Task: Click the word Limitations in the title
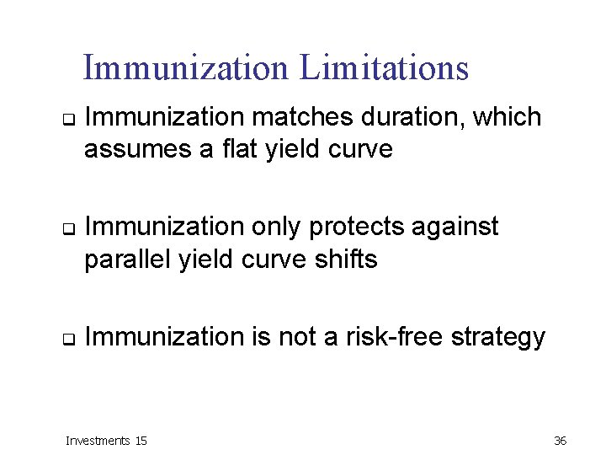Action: point(384,68)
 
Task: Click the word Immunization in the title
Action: point(186,68)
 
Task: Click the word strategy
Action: point(499,338)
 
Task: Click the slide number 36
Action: point(561,441)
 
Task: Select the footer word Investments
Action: point(98,441)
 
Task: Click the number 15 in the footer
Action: point(141,441)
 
